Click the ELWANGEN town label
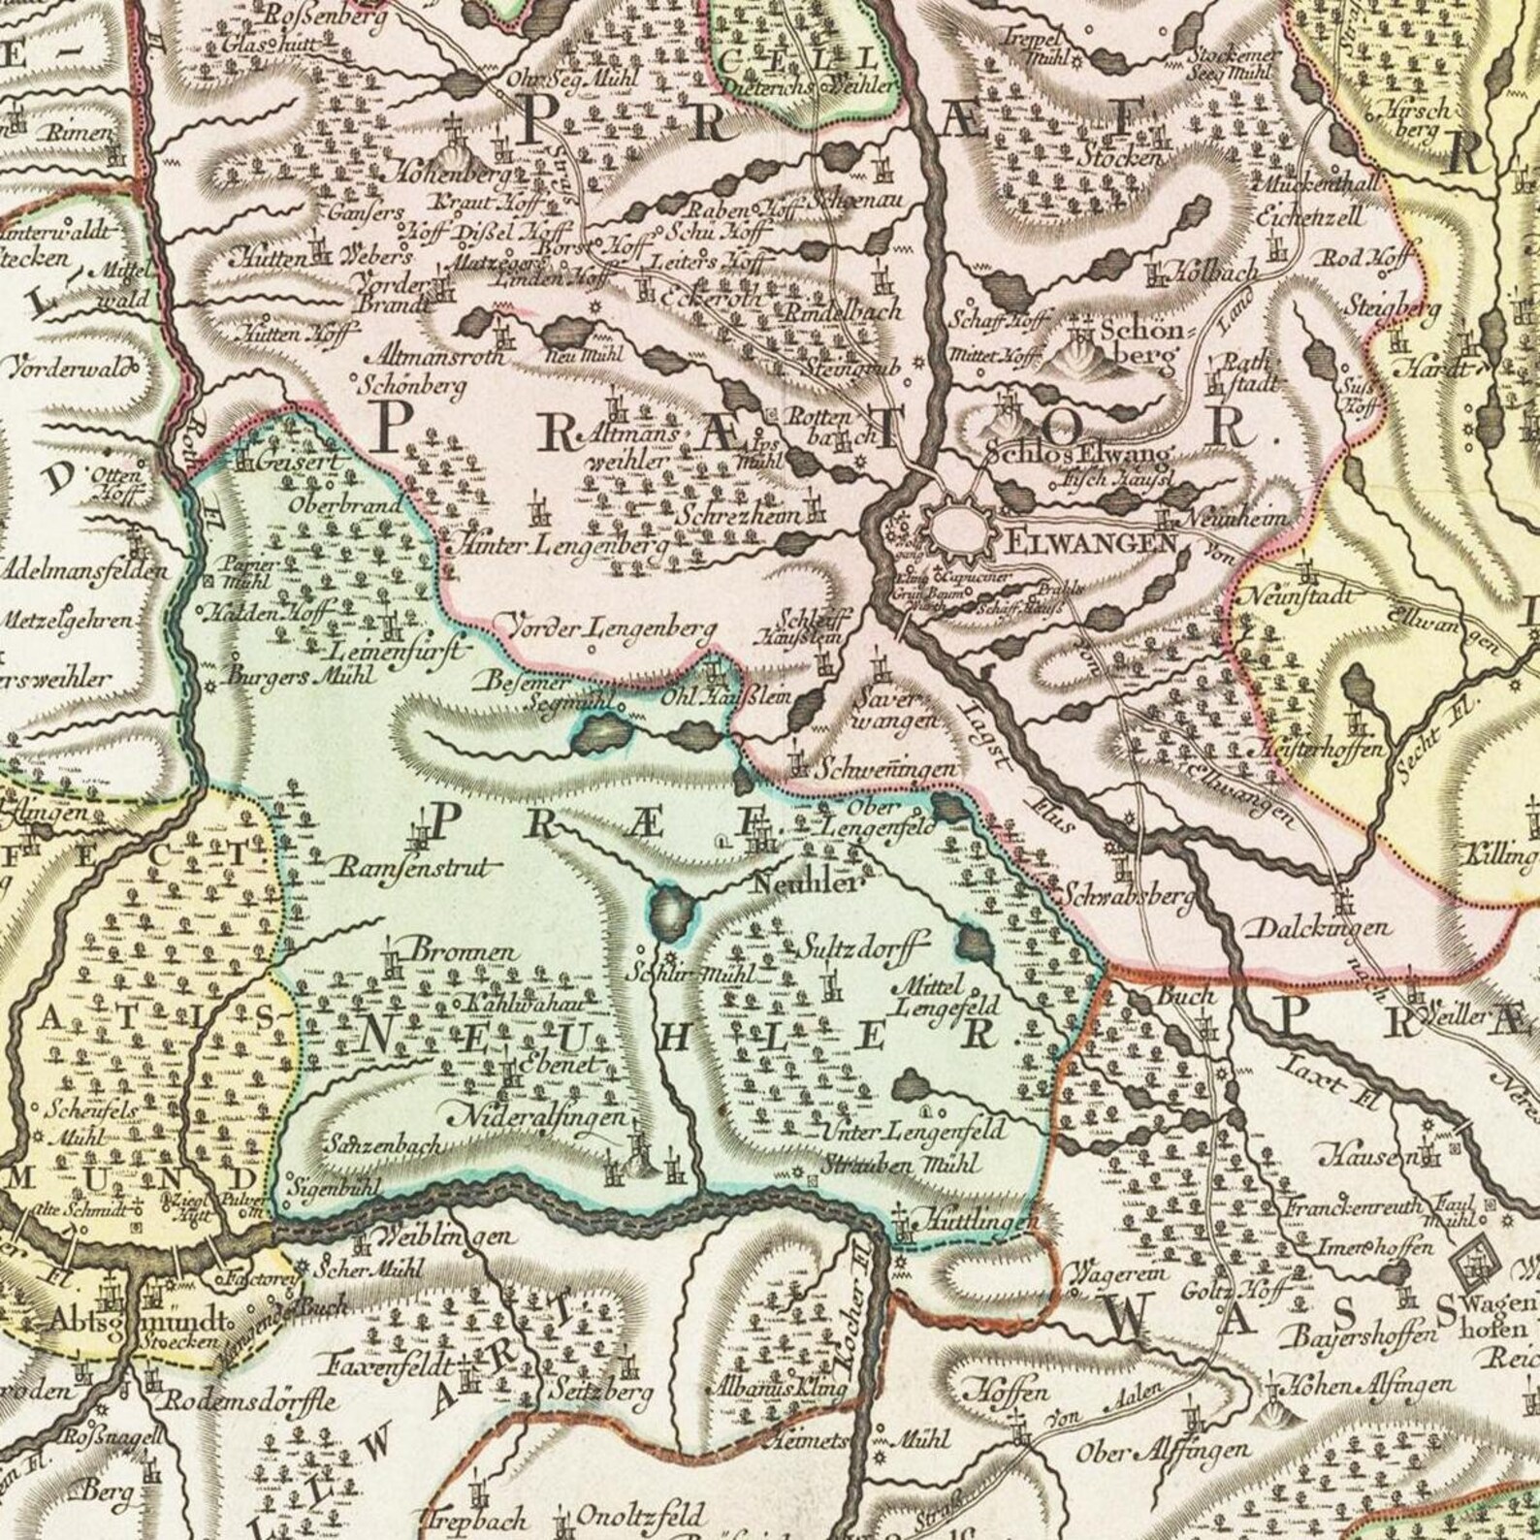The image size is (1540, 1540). [1092, 542]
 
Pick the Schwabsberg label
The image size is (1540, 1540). [1126, 895]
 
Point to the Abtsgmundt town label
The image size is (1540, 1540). [131, 1325]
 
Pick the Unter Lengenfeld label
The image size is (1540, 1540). [915, 1130]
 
